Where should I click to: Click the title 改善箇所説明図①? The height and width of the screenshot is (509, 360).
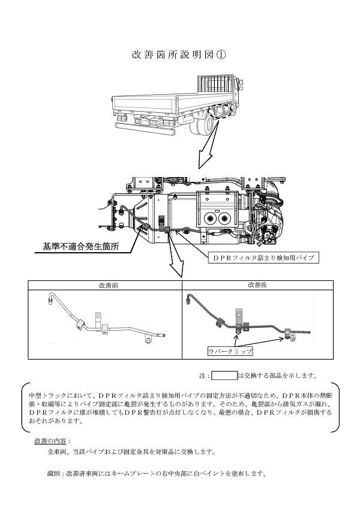[179, 55]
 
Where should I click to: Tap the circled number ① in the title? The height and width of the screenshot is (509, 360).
[220, 55]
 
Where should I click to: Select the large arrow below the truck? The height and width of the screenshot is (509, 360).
[208, 148]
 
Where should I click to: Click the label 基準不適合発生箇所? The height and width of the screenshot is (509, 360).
[81, 246]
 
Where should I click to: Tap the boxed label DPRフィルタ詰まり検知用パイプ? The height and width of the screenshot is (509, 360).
[263, 258]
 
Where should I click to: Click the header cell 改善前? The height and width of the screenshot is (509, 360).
[109, 285]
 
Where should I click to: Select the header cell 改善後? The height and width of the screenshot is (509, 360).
[257, 285]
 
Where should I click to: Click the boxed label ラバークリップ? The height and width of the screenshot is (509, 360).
[230, 351]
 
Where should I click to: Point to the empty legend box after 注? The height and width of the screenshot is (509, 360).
[224, 376]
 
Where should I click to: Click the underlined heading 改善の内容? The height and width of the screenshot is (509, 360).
[50, 441]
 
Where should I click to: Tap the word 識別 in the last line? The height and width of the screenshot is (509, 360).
[53, 474]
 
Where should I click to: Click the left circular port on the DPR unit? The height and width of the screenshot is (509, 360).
[209, 218]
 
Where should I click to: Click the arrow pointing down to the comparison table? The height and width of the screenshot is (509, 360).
[176, 254]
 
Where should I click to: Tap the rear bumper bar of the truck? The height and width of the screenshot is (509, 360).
[145, 129]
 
